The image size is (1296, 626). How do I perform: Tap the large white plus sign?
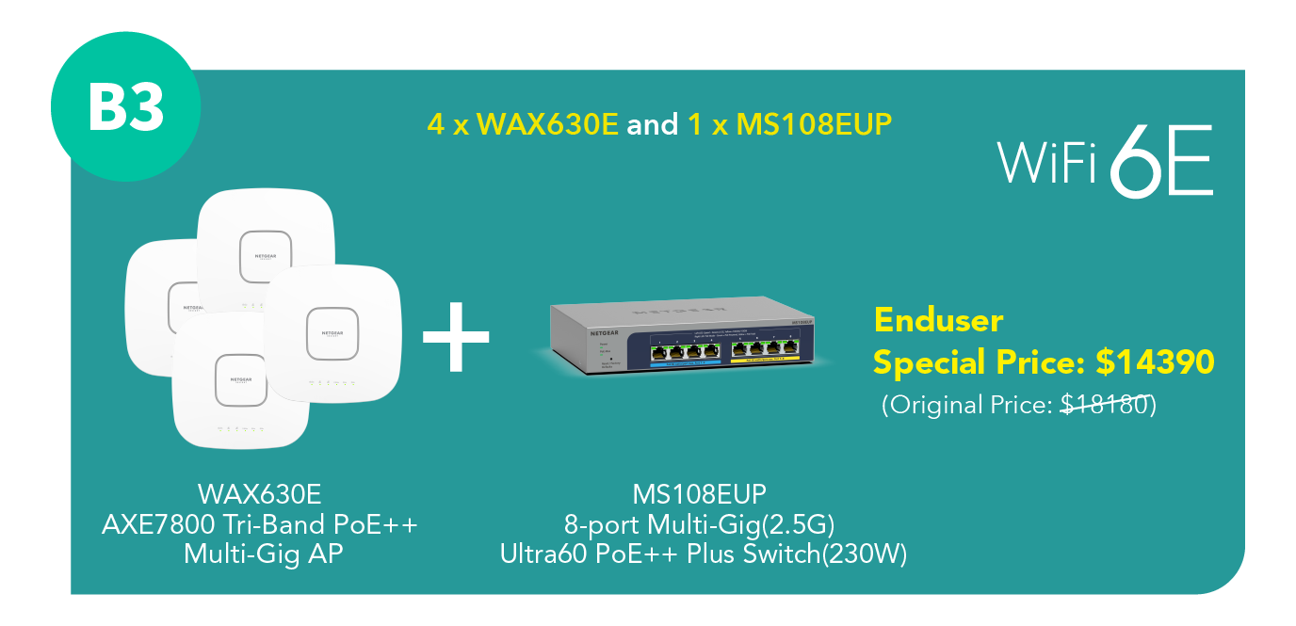(456, 336)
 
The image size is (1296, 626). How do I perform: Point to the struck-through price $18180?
(1105, 405)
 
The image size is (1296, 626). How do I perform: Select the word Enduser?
(938, 320)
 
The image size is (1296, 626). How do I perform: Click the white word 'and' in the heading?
(652, 124)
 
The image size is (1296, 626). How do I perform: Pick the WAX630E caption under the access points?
(259, 494)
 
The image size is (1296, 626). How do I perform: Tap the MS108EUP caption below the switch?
(699, 494)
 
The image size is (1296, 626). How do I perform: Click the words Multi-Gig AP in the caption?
(263, 554)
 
